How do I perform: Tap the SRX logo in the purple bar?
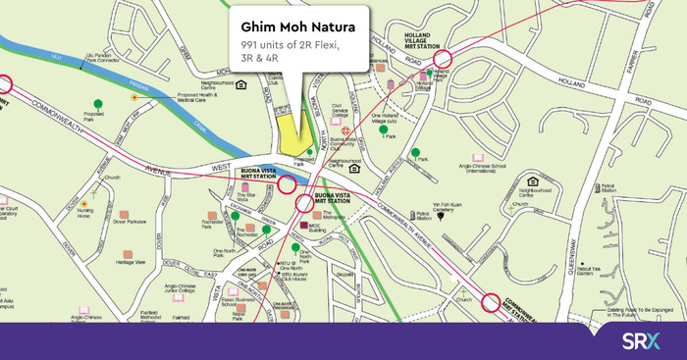pyautogui.click(x=641, y=340)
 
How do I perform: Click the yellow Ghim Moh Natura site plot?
pyautogui.click(x=291, y=133)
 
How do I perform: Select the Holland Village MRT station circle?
pyautogui.click(x=443, y=60)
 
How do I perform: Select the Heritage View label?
pyautogui.click(x=131, y=263)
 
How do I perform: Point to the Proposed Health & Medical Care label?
pyautogui.click(x=183, y=98)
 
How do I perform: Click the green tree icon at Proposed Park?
pyautogui.click(x=97, y=104)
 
